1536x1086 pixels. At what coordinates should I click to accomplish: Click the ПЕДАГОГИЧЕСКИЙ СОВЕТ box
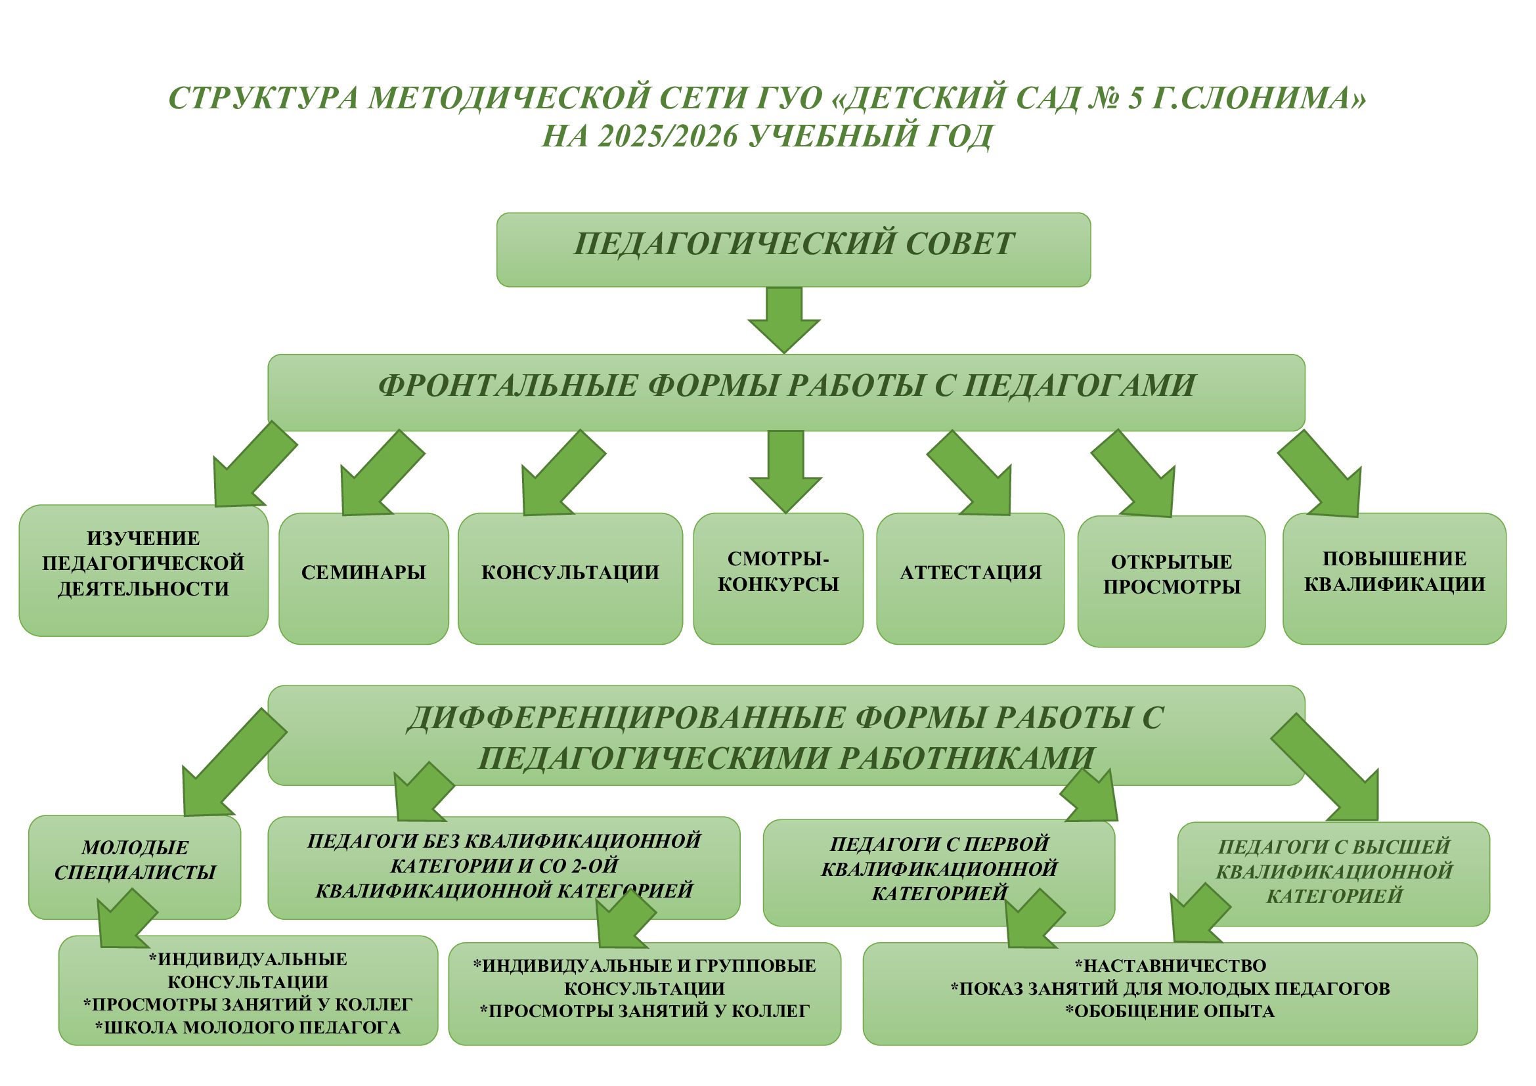[793, 250]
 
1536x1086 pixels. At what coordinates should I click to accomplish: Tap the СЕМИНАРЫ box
[363, 578]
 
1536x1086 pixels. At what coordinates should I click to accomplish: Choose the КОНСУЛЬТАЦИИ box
[570, 578]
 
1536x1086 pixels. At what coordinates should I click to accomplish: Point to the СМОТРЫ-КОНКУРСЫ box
[778, 578]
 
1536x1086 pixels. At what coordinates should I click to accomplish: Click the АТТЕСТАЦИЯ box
[970, 578]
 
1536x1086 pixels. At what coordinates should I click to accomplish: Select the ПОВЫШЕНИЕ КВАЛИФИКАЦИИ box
[1394, 578]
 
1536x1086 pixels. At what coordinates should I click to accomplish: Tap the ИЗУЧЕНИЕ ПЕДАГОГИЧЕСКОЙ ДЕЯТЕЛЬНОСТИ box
[143, 570]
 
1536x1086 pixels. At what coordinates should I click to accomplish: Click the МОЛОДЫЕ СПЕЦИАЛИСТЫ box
[135, 867]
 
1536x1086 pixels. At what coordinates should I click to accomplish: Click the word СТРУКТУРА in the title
[263, 98]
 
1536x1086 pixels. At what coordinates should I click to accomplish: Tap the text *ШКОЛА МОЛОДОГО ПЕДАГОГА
[248, 1028]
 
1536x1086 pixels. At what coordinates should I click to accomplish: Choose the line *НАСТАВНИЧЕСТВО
[1170, 966]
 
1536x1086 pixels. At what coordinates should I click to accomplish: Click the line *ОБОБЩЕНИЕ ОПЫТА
[1170, 1011]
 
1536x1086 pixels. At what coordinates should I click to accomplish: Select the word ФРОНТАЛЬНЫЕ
[508, 386]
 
